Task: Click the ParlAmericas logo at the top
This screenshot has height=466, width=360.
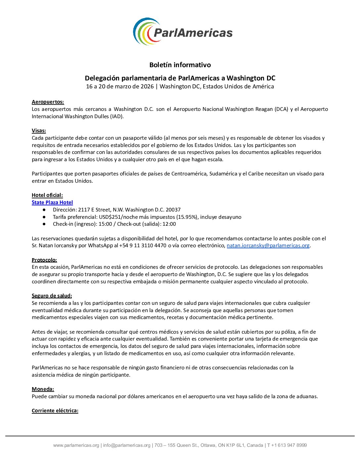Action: [183, 32]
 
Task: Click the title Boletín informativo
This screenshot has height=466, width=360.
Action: [180, 65]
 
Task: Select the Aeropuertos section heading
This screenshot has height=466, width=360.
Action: [48, 102]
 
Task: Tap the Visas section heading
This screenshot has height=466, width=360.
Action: [39, 131]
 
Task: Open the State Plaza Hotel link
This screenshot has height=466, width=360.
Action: [52, 203]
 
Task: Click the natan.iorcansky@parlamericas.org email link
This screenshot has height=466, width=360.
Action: [268, 246]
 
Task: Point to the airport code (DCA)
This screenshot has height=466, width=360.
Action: [281, 109]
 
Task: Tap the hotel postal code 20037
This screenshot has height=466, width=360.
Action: [173, 210]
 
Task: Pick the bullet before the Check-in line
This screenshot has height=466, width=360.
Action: [44, 224]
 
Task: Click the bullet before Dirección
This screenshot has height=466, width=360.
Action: [44, 210]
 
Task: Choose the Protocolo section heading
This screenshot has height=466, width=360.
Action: [44, 260]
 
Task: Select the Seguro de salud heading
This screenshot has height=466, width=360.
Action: [52, 296]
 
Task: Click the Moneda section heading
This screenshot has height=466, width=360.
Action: [43, 389]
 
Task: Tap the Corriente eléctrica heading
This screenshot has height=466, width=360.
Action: [55, 411]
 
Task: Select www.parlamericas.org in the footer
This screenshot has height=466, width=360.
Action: [76, 445]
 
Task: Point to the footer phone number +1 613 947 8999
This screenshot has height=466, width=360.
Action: [289, 445]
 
